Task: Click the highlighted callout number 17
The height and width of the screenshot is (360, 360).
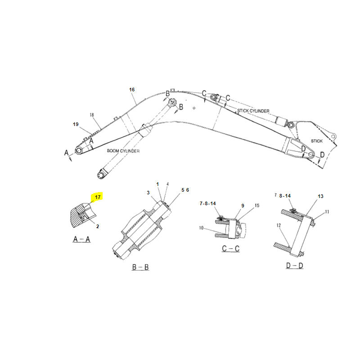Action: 98,197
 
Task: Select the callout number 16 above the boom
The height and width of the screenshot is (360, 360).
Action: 132,90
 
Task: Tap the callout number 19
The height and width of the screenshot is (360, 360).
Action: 76,124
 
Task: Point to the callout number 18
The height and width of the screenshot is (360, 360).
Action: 92,115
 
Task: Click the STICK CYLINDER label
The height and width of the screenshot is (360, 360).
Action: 253,111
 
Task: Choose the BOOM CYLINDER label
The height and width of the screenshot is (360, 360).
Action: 123,151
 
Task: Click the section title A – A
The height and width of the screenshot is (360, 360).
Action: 81,239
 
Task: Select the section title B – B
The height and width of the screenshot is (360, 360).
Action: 140,267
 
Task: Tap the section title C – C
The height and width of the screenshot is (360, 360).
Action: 231,248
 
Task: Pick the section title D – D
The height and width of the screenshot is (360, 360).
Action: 295,265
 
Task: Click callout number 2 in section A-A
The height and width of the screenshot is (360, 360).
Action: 98,226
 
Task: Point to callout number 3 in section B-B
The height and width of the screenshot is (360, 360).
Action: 148,193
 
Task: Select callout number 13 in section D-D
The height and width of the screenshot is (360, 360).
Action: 320,196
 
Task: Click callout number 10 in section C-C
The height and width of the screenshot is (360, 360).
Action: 201,228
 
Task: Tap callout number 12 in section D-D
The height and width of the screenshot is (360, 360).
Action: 279,225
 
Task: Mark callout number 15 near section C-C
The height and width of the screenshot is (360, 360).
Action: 257,206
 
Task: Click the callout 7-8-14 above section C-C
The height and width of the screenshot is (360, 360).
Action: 208,203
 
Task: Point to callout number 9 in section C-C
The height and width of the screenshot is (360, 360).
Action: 243,206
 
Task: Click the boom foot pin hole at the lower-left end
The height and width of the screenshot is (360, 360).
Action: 78,151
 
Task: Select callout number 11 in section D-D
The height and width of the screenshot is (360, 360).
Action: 327,211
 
